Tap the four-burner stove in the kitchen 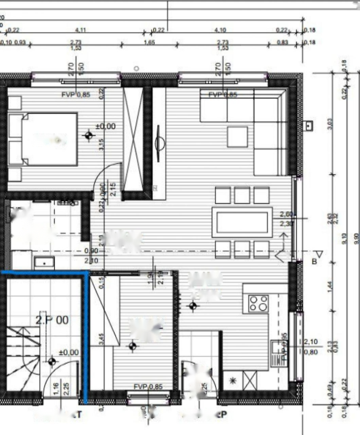tap(258, 303)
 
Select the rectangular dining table tap(242, 222)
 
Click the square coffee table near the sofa tap(237, 137)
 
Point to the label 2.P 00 tap(52, 320)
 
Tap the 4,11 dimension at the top tap(80, 30)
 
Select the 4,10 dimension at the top tap(220, 30)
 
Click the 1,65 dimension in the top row tap(149, 42)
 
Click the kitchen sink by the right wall tap(275, 347)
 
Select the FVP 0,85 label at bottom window tap(148, 387)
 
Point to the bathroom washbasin tap(44, 263)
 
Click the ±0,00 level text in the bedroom tap(106, 126)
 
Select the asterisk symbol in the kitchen tap(233, 381)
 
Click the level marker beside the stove tap(193, 307)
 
